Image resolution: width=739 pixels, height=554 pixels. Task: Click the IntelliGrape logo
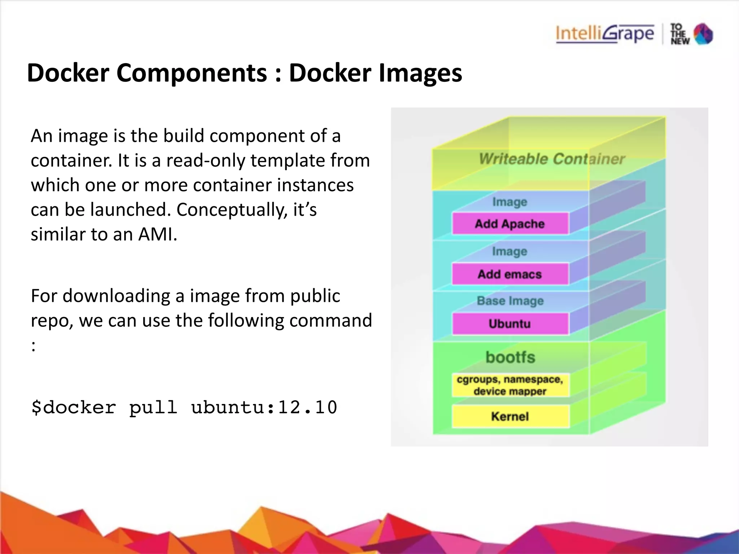pyautogui.click(x=604, y=34)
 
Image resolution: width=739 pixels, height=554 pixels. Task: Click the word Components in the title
pyautogui.click(x=192, y=73)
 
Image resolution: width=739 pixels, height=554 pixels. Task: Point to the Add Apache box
pyautogui.click(x=510, y=224)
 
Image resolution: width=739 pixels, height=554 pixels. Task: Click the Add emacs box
pyautogui.click(x=510, y=274)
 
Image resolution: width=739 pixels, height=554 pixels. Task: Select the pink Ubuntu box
pyautogui.click(x=510, y=324)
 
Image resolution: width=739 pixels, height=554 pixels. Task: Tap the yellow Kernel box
pyautogui.click(x=510, y=417)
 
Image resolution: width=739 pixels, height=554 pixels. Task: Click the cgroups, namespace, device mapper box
pyautogui.click(x=510, y=386)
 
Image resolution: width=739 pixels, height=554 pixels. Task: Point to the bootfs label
pyautogui.click(x=510, y=357)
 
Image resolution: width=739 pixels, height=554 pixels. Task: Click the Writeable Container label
pyautogui.click(x=552, y=159)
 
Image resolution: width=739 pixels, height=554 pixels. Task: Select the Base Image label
pyautogui.click(x=510, y=301)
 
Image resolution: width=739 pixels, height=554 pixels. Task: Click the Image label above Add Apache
pyautogui.click(x=510, y=202)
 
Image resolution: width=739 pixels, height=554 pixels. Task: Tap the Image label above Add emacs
pyautogui.click(x=510, y=251)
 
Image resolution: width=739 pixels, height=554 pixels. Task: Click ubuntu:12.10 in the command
pyautogui.click(x=264, y=408)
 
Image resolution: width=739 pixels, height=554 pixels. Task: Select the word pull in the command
pyautogui.click(x=153, y=408)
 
